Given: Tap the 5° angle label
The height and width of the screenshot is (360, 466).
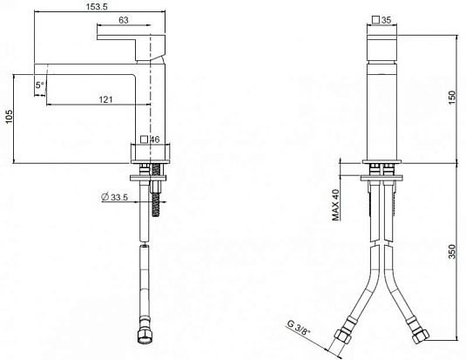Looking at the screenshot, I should [40, 85].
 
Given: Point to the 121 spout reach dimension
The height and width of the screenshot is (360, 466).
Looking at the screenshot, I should [105, 99].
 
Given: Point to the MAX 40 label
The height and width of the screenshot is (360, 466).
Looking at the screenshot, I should [335, 207].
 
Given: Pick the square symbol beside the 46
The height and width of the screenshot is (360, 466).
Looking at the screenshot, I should [144, 139].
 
